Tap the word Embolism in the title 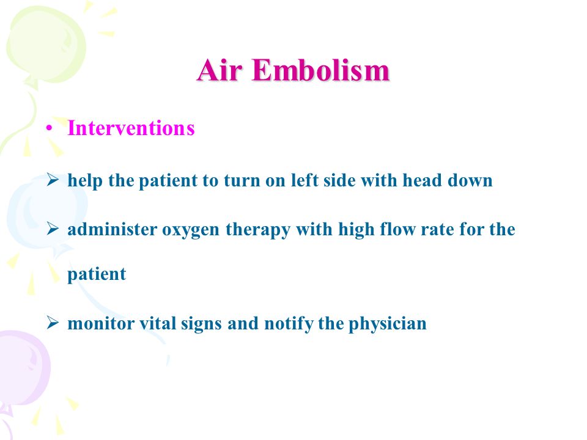click(321, 70)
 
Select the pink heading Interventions click(131, 128)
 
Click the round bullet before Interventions click(49, 129)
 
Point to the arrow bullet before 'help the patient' click(53, 180)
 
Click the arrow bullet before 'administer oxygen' click(53, 229)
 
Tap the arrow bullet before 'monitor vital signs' click(53, 323)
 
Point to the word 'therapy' click(258, 229)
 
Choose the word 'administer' click(112, 229)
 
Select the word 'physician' click(388, 324)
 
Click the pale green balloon click(46, 45)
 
